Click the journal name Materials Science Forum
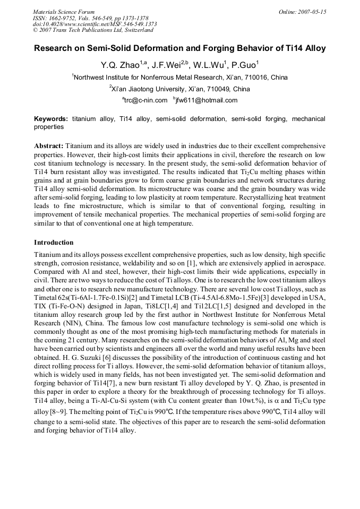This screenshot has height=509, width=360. (63, 12)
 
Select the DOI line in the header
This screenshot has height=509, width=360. (95, 24)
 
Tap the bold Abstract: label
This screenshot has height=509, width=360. (49, 145)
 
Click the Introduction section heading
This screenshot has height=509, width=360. (54, 243)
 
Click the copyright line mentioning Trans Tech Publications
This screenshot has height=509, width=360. (93, 30)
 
